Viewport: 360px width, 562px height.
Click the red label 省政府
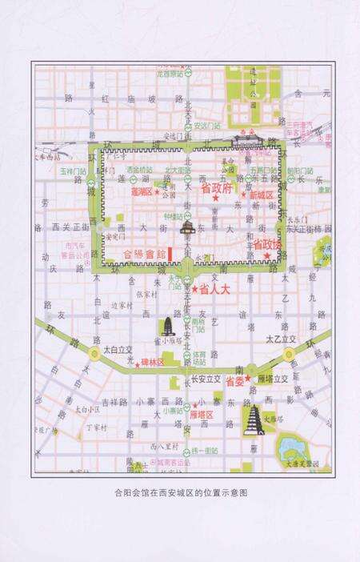tap(216, 189)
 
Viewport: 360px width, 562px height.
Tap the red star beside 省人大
tap(194, 289)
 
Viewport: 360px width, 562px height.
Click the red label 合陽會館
tap(145, 253)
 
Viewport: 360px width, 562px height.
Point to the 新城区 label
tap(261, 195)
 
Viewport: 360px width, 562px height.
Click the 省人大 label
tap(214, 288)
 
